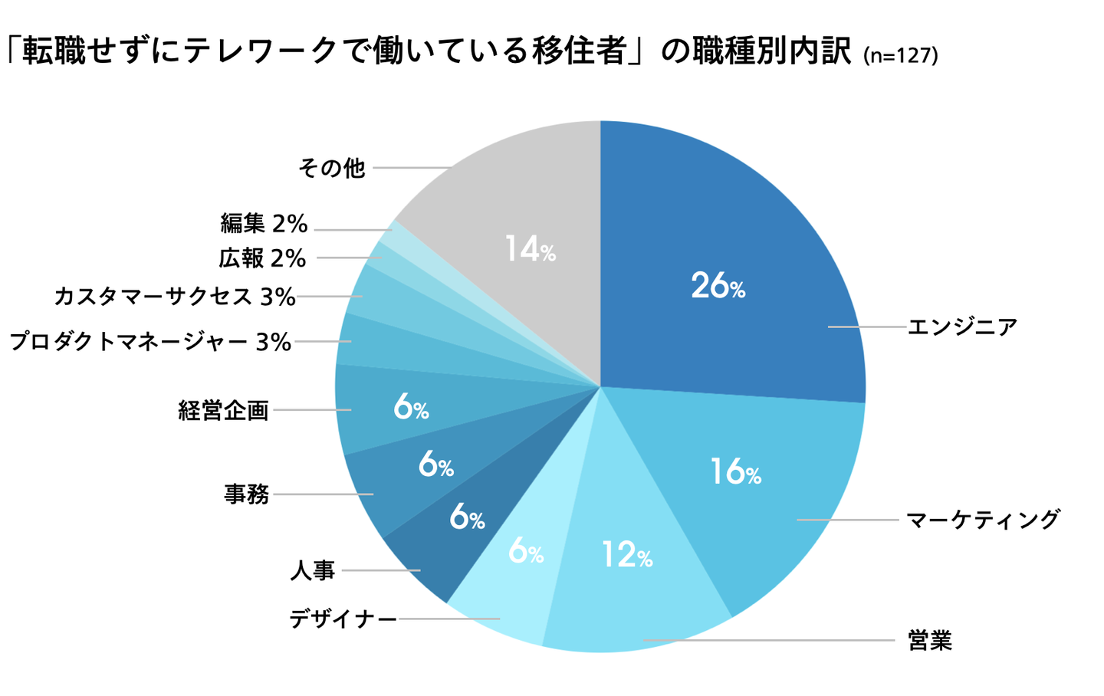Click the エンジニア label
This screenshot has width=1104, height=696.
[962, 327]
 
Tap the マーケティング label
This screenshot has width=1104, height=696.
[982, 520]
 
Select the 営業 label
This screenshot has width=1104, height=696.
[929, 640]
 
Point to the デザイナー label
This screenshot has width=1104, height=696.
[343, 619]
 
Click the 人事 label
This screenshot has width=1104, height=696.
[313, 570]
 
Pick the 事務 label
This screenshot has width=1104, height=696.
[247, 494]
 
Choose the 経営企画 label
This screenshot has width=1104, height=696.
[223, 411]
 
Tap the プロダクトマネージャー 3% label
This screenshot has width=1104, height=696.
[150, 342]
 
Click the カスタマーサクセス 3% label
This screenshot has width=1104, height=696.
[175, 297]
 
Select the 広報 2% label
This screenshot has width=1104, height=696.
[262, 258]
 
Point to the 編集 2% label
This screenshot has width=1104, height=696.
[264, 224]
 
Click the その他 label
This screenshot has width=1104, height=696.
[331, 168]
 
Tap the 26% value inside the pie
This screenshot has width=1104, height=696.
[718, 286]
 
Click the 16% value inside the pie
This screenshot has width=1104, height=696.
[734, 471]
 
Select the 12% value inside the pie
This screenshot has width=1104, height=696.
[626, 554]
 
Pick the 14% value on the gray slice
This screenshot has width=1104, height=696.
[530, 249]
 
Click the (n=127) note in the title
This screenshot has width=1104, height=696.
[900, 55]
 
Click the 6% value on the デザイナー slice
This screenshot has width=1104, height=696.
[526, 550]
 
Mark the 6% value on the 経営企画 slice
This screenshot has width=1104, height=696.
[411, 407]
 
